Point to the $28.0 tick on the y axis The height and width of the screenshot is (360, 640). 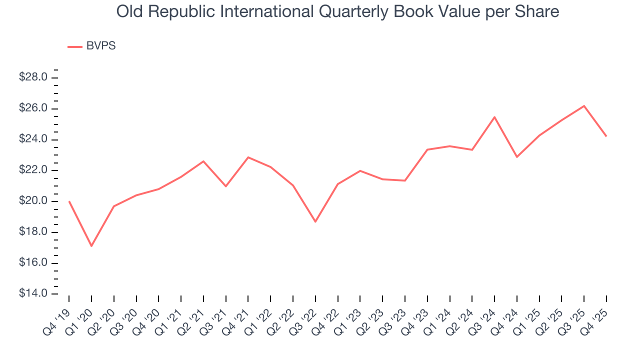coord(33,77)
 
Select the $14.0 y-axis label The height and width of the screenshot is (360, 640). coord(33,294)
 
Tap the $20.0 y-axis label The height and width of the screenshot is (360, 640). coord(33,201)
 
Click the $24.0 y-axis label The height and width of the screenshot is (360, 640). coord(33,139)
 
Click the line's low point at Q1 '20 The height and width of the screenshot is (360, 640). coord(91,246)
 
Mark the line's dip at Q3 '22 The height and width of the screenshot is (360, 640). coord(315,221)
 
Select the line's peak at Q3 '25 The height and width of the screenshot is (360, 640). coord(584,106)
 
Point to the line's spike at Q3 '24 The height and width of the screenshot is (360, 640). coord(494,117)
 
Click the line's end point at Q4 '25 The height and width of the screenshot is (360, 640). coord(606,136)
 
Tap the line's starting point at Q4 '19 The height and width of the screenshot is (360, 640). coord(69,201)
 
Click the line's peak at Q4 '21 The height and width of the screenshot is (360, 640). coord(248,157)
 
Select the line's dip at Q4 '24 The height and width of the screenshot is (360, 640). coord(517,157)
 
